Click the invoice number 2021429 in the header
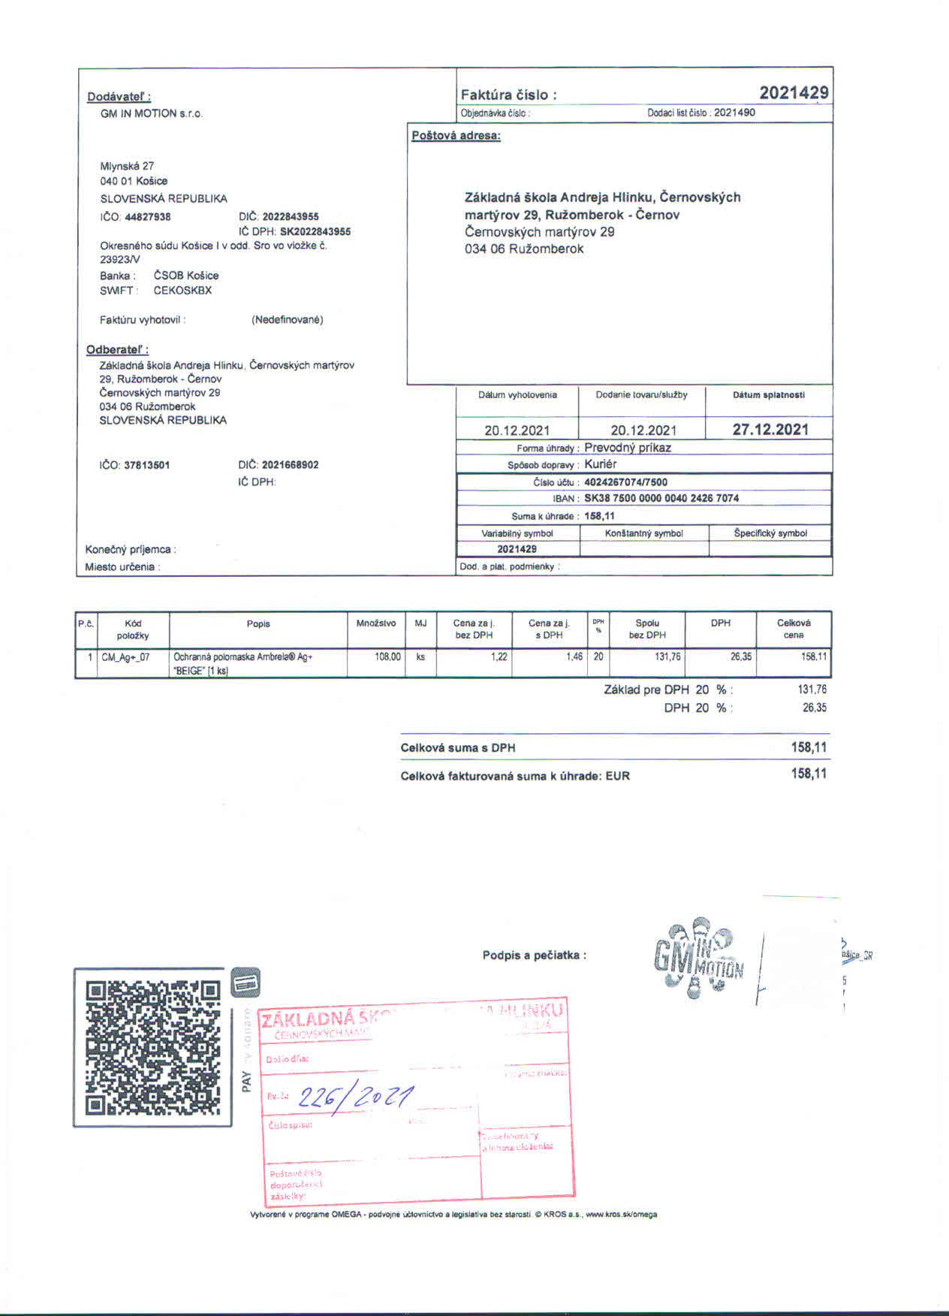click(794, 93)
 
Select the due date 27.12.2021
click(770, 430)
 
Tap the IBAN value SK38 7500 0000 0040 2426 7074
click(661, 498)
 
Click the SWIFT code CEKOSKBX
click(182, 291)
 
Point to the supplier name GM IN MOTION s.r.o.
click(152, 113)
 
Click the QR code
click(153, 1047)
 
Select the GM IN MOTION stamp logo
click(698, 958)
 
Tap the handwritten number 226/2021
click(355, 1097)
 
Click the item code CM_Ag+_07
click(125, 657)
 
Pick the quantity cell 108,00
click(387, 656)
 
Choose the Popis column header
click(258, 624)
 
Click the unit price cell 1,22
click(499, 656)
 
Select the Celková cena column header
click(794, 629)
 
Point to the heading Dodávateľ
click(119, 97)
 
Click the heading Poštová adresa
click(456, 136)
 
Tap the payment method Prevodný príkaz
click(628, 448)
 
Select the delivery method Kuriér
click(600, 464)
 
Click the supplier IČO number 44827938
click(148, 217)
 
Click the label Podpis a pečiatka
click(534, 955)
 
